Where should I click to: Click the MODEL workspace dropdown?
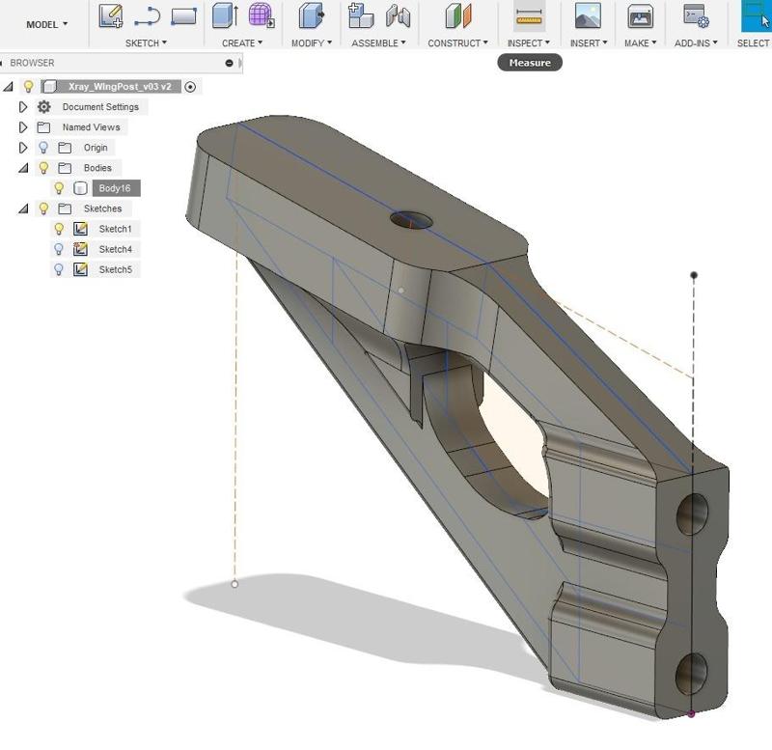click(x=46, y=24)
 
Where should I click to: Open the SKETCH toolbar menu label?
click(x=146, y=43)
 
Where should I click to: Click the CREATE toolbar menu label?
click(x=241, y=43)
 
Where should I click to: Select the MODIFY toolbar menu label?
click(x=311, y=43)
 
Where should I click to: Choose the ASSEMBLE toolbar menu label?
click(x=378, y=43)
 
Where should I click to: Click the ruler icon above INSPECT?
click(x=529, y=16)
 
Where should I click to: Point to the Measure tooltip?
click(x=530, y=63)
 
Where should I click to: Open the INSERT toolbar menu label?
click(x=588, y=43)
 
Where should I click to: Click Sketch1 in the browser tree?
click(x=115, y=229)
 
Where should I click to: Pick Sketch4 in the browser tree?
click(x=115, y=249)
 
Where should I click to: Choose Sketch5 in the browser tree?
click(x=115, y=269)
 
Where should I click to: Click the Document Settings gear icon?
click(x=43, y=107)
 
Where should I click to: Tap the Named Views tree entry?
click(x=91, y=127)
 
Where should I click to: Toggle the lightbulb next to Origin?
click(x=43, y=148)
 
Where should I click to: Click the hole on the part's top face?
click(x=412, y=219)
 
